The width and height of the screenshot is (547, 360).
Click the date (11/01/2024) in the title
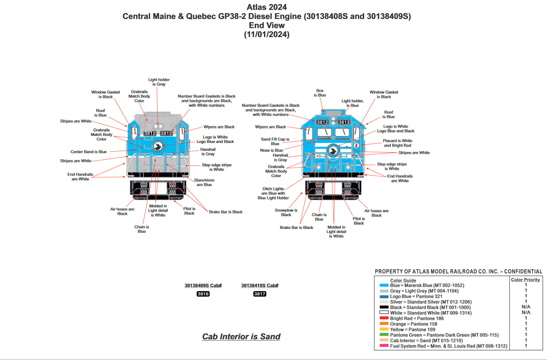point(267,34)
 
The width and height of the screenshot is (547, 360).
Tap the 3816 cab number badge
point(203,294)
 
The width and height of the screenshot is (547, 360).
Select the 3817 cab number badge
point(260,294)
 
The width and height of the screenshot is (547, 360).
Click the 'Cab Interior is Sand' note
point(241,337)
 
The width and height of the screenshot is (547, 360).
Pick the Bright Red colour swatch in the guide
point(383,319)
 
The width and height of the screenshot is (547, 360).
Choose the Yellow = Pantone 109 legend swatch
point(383,330)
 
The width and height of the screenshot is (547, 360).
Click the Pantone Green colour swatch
point(383,335)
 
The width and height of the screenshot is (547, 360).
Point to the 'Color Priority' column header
point(525,280)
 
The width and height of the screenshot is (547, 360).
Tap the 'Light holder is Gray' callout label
point(159,82)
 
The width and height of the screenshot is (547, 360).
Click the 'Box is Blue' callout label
point(320,93)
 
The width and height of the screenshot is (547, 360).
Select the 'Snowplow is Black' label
point(286,213)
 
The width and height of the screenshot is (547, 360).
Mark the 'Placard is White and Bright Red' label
point(397,143)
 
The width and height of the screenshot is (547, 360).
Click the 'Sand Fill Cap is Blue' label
point(275,141)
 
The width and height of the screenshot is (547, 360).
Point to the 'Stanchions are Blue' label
point(204,182)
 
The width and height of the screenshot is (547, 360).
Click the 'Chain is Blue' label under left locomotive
point(142,229)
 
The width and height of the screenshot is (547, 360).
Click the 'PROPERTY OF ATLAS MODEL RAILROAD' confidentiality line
point(458,272)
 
